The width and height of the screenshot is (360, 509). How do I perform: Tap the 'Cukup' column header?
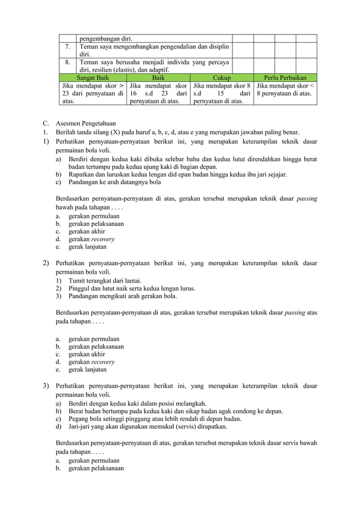tap(222, 77)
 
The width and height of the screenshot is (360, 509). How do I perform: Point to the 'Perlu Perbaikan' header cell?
tap(285, 77)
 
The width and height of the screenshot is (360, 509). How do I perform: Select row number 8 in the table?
tap(68, 62)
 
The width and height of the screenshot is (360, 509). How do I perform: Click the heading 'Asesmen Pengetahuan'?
tap(85, 122)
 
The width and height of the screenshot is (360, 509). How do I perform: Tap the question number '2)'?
tap(46, 263)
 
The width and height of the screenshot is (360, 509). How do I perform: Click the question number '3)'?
tap(46, 386)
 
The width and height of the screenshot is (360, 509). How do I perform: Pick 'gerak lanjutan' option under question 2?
tap(86, 370)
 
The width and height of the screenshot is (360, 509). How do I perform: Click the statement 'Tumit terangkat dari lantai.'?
tap(105, 280)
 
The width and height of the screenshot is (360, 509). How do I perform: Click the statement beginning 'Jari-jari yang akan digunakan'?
tap(148, 427)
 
